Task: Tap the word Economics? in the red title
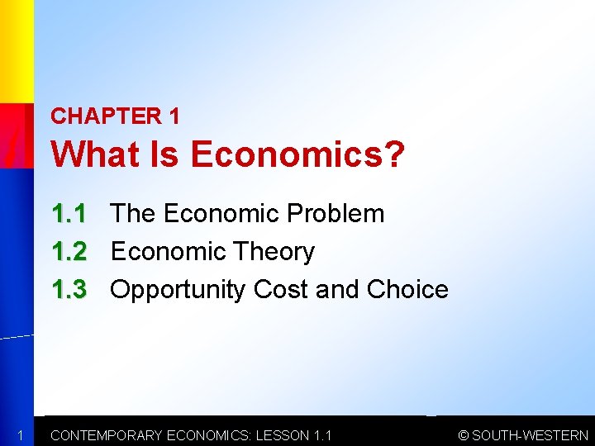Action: point(298,154)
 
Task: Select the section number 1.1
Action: point(69,214)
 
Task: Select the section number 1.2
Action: point(69,251)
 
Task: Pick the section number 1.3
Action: point(69,289)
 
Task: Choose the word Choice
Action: point(407,289)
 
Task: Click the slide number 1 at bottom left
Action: point(17,435)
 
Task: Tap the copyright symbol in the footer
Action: point(464,435)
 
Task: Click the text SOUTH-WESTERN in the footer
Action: point(530,435)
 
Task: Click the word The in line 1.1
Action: point(133,214)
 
